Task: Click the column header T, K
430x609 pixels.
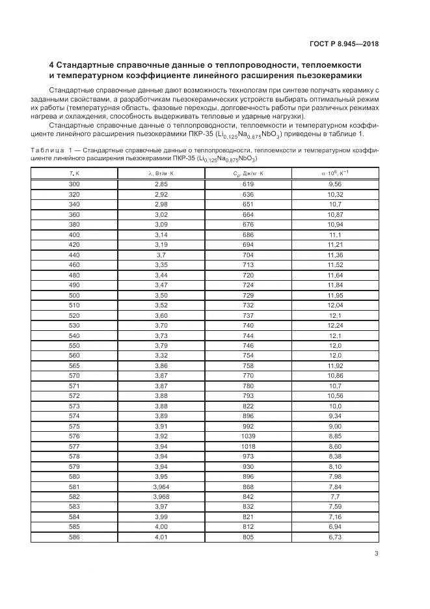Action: (74, 173)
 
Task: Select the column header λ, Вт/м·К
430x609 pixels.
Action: (161, 173)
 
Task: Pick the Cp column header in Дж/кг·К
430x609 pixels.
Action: (248, 173)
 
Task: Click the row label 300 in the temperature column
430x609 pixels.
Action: (74, 184)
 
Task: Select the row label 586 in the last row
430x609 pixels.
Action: (74, 537)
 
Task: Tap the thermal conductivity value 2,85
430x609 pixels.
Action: (161, 184)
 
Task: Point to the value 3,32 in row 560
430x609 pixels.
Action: (161, 356)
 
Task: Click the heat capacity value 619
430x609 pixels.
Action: (248, 184)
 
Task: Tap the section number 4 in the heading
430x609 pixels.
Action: (52, 66)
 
